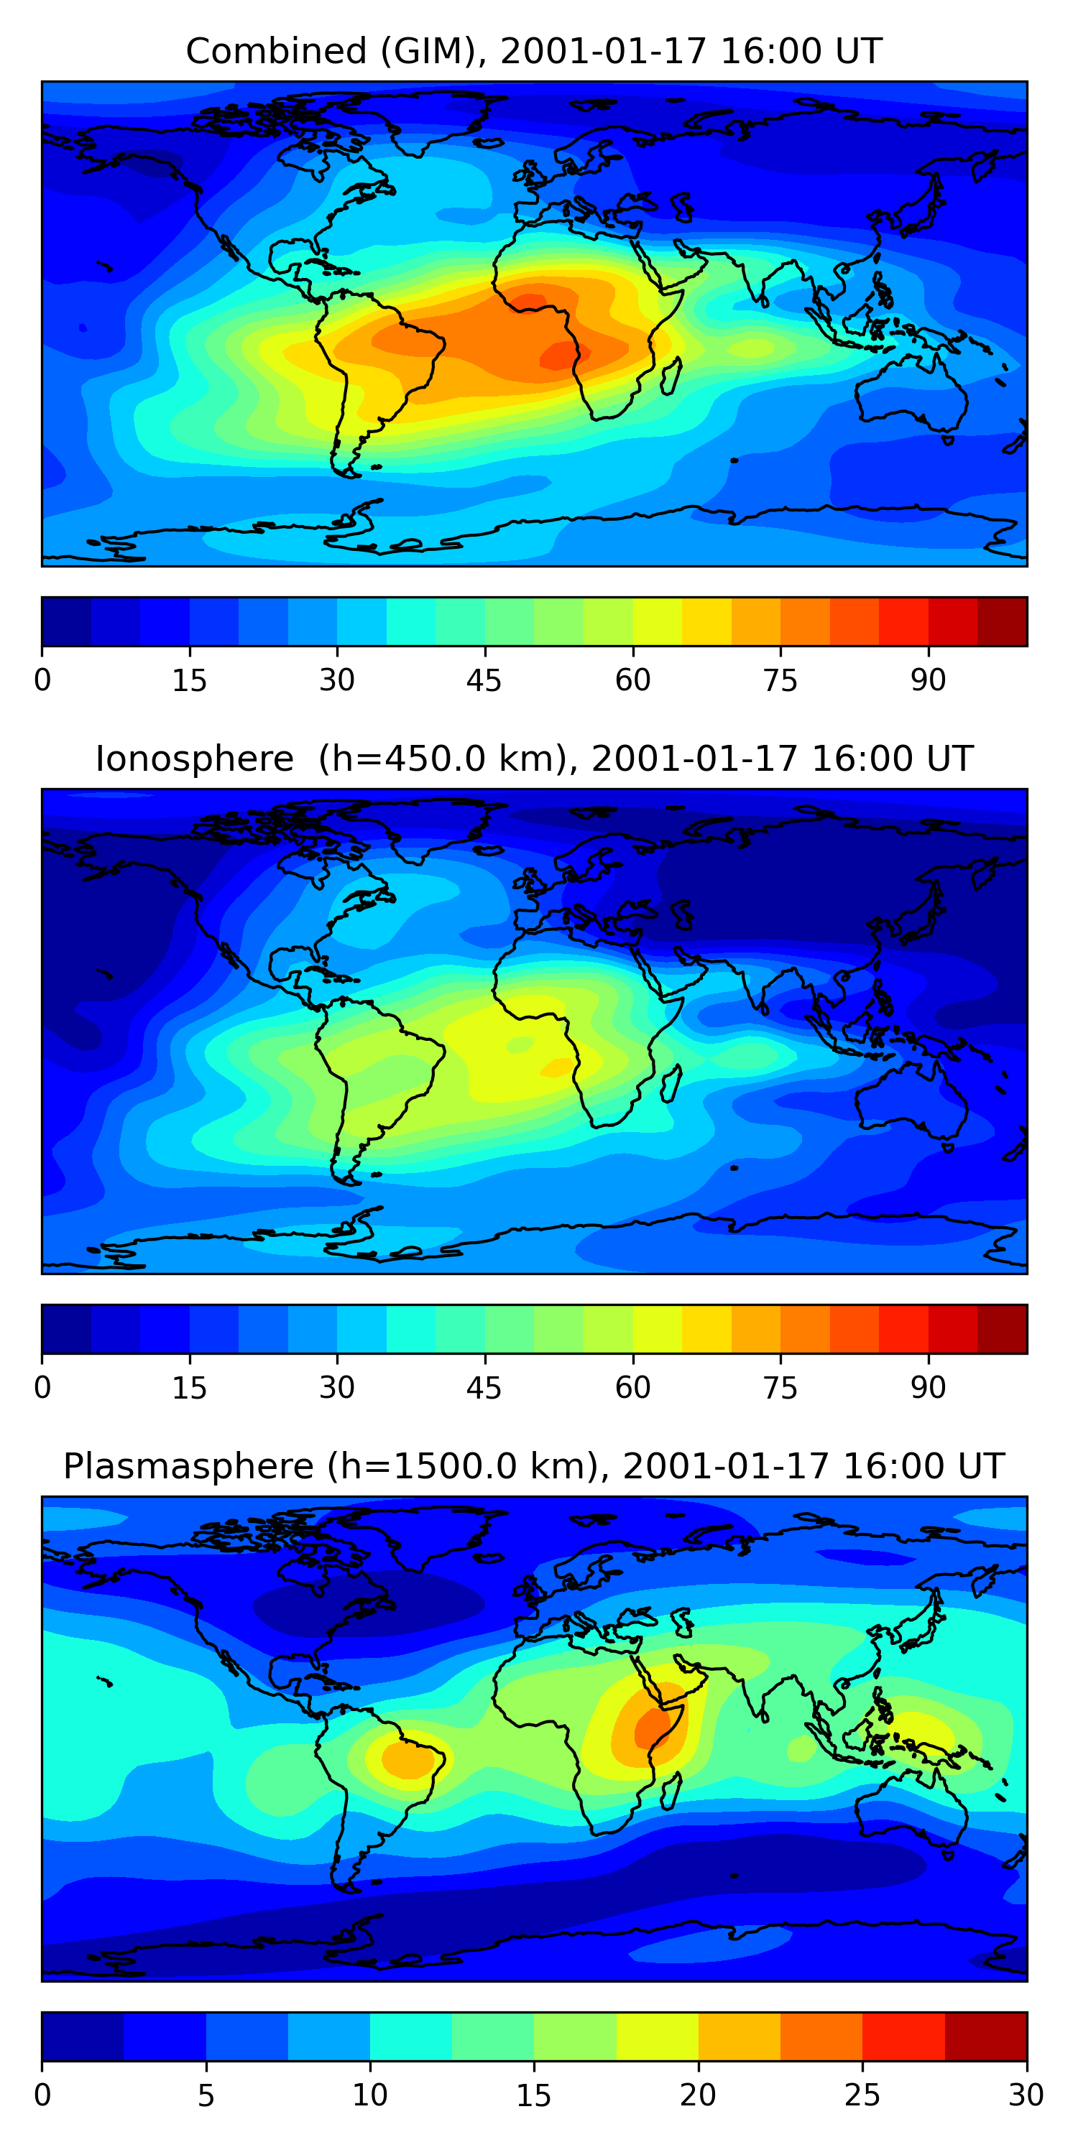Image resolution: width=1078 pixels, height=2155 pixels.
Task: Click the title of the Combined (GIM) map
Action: click(534, 51)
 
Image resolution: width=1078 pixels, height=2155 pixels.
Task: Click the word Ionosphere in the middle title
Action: click(195, 759)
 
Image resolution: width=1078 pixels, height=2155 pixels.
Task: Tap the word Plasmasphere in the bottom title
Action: click(188, 1467)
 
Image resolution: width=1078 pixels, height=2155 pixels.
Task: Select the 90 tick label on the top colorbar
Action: click(929, 680)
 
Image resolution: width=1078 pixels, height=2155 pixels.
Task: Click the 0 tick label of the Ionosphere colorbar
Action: click(42, 1388)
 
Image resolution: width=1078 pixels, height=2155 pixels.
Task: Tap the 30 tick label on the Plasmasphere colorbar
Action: click(1026, 2095)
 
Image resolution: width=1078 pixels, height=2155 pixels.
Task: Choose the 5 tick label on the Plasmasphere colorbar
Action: click(206, 2095)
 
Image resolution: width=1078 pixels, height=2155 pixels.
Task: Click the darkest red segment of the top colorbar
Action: click(1002, 621)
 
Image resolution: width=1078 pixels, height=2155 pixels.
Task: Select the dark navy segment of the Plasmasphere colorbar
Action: click(83, 2037)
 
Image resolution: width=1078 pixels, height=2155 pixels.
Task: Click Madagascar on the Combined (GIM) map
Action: click(671, 376)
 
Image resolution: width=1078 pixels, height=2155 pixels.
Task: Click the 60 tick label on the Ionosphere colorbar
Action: click(632, 1388)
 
